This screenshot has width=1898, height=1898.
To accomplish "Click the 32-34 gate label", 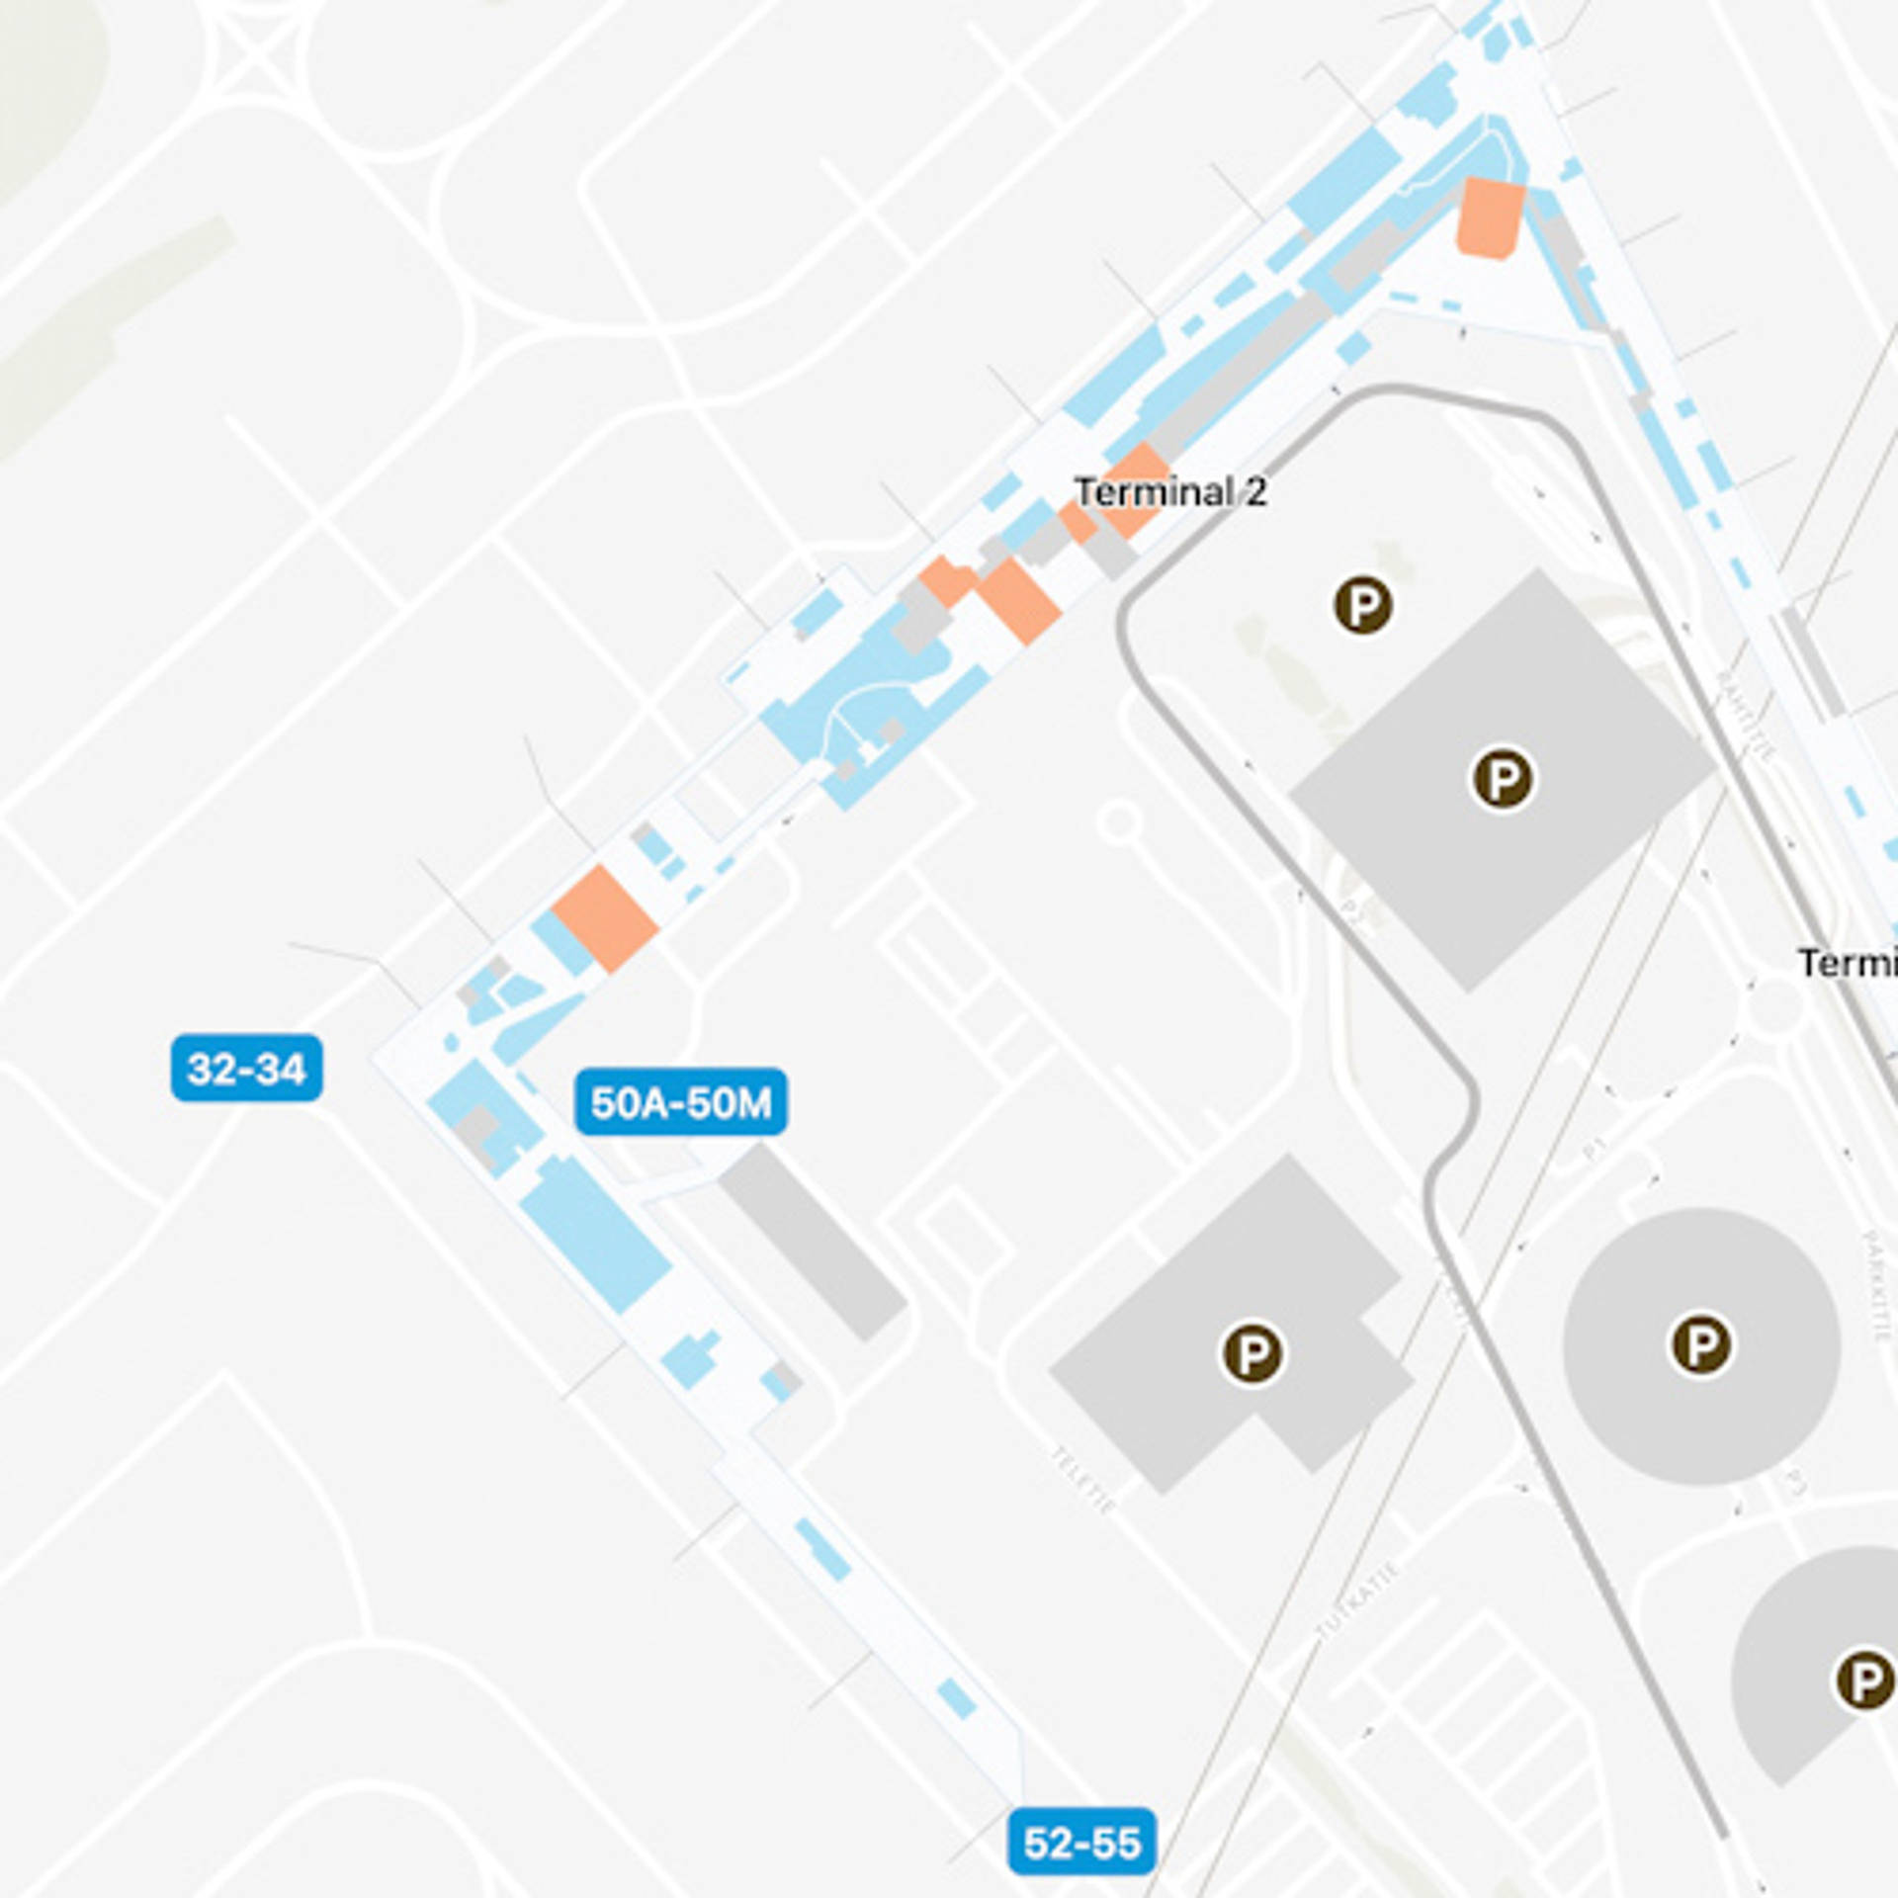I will coord(246,1068).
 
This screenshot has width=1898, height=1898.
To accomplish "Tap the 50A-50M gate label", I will coord(680,1101).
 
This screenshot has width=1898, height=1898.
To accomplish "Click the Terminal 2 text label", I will coord(1170,491).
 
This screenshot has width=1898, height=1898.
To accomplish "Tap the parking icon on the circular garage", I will coord(1700,1343).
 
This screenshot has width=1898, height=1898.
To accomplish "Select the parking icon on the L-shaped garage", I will coord(1252,1352).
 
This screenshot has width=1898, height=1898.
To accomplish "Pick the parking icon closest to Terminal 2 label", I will coord(1363,604).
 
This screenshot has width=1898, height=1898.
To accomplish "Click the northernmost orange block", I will coord(1490,217).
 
